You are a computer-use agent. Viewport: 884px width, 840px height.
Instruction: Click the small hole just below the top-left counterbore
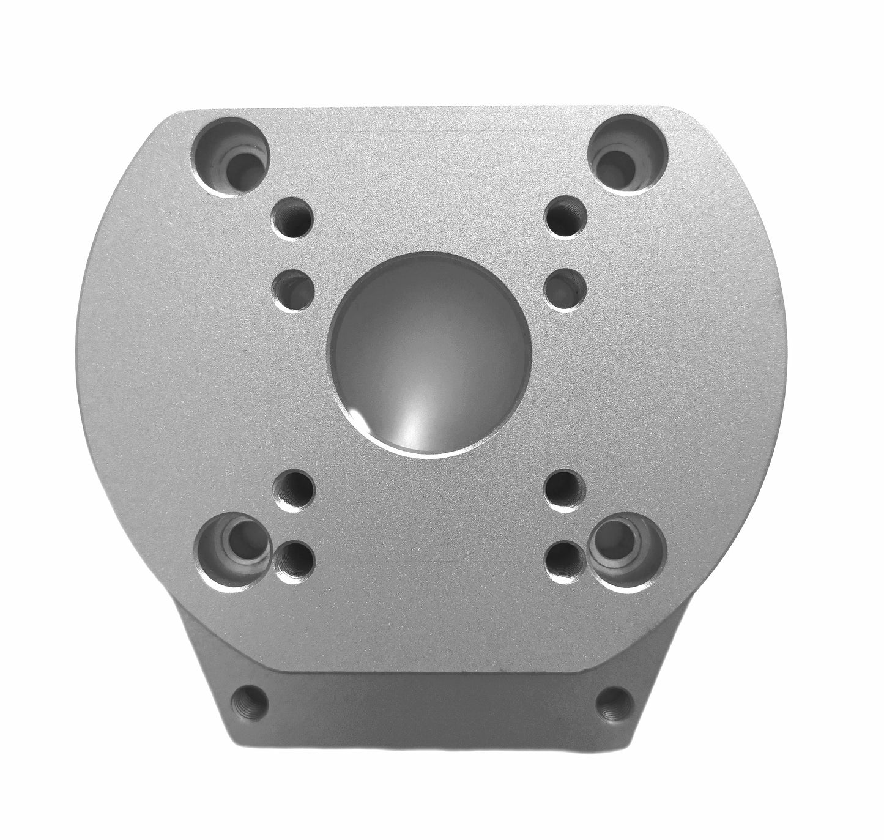point(291,217)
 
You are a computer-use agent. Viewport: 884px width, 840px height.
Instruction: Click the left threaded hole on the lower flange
point(250,701)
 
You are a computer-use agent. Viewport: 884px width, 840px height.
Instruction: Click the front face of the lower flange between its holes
point(428,704)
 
